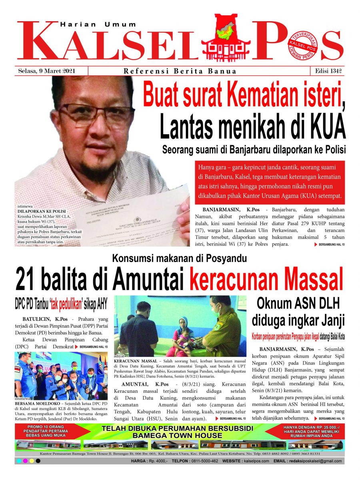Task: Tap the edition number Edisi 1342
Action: pos(327,71)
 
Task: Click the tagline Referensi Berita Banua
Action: pos(180,72)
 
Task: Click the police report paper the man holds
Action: pos(132,224)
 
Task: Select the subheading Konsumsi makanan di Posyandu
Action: pos(179,259)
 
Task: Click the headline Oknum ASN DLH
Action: pos(298,304)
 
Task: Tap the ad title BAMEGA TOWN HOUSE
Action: pos(177,435)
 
